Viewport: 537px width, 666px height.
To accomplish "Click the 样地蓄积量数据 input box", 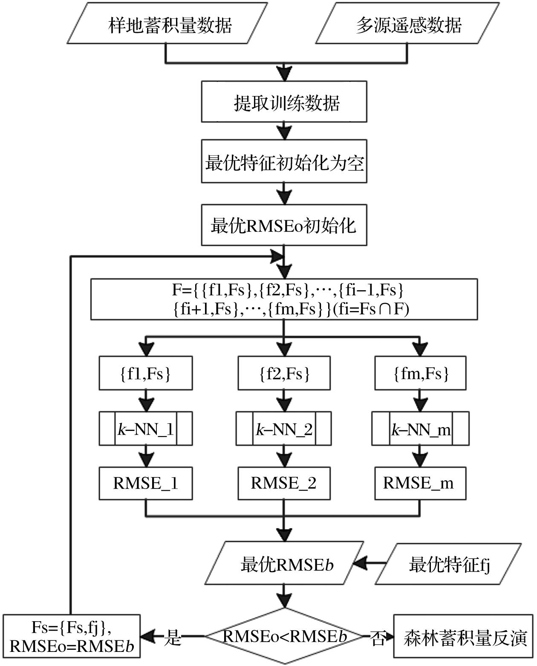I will [x=169, y=25].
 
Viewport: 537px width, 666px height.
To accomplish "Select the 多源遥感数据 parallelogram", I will [x=408, y=25].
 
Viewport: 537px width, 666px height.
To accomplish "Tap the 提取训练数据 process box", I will [x=284, y=102].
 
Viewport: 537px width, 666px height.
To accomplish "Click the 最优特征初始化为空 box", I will [x=284, y=163].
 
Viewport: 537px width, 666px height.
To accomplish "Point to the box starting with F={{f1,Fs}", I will [x=284, y=299].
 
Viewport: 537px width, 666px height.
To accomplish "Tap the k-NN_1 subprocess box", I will [x=145, y=429].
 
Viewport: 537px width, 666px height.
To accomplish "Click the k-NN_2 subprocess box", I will [x=284, y=429].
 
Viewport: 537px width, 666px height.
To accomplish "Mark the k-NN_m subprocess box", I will [x=420, y=429].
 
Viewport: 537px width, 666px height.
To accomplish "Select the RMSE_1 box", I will [x=145, y=483].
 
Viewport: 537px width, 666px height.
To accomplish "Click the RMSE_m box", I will [x=420, y=483].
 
